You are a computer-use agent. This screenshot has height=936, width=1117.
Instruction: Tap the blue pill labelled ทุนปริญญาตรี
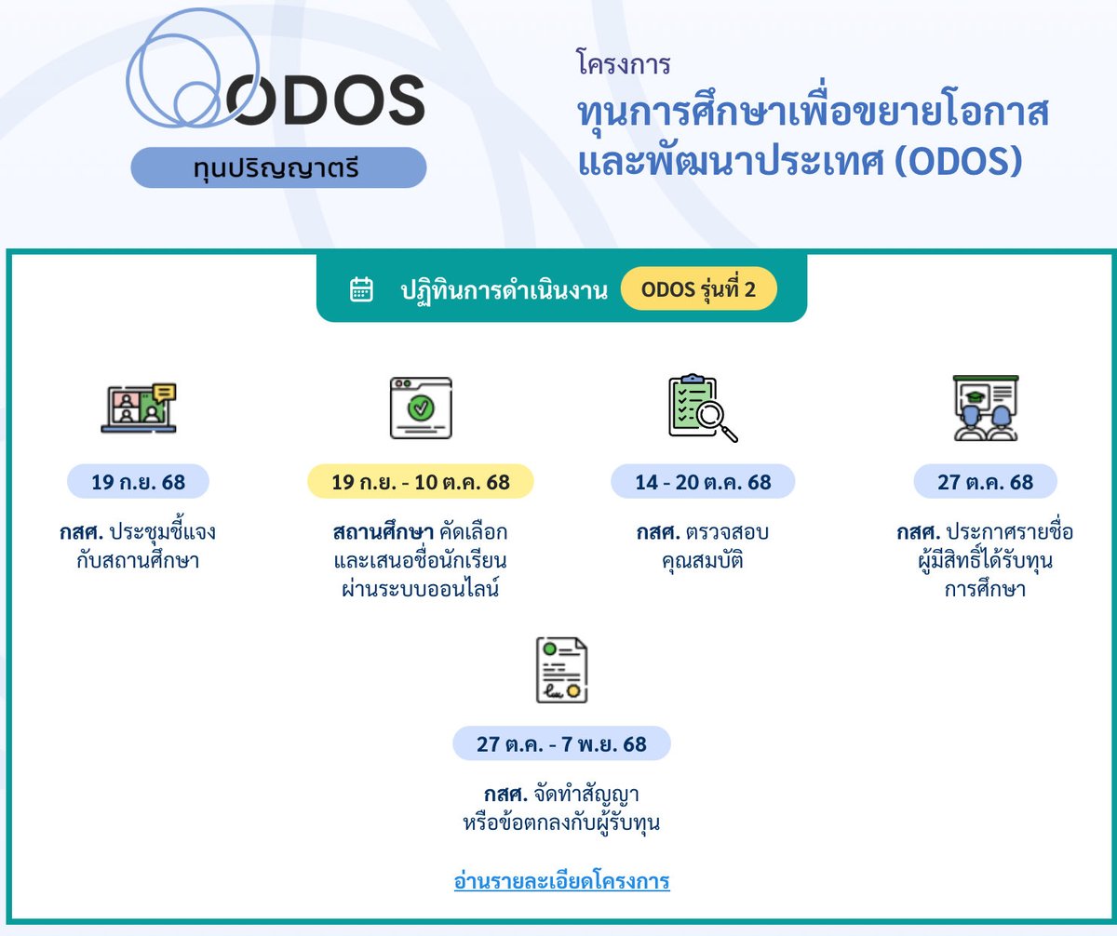(x=277, y=168)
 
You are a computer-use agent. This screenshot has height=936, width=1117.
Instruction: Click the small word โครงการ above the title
(x=624, y=65)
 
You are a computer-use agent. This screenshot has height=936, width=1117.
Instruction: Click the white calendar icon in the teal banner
(x=361, y=289)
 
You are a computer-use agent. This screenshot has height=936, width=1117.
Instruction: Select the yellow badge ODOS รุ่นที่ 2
(x=698, y=290)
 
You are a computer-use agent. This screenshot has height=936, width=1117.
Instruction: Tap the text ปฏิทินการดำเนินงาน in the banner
(x=504, y=290)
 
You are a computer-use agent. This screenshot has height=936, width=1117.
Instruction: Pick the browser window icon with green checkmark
(x=420, y=408)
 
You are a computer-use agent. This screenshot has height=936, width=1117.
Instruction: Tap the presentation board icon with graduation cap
(x=985, y=408)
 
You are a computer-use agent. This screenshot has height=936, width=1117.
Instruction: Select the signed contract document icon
(x=561, y=670)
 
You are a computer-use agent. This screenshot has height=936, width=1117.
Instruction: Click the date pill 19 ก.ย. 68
(x=139, y=482)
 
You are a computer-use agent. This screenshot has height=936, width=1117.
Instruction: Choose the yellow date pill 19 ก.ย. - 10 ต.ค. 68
(x=420, y=482)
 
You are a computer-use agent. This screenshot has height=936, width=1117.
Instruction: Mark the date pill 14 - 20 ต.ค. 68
(x=703, y=482)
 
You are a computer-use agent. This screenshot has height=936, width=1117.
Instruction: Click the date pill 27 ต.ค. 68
(x=985, y=482)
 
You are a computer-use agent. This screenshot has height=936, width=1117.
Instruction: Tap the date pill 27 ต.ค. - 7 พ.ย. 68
(x=561, y=744)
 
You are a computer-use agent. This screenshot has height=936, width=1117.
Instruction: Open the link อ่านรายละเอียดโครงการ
(x=561, y=880)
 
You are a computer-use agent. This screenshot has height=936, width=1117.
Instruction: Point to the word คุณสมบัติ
(x=703, y=561)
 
